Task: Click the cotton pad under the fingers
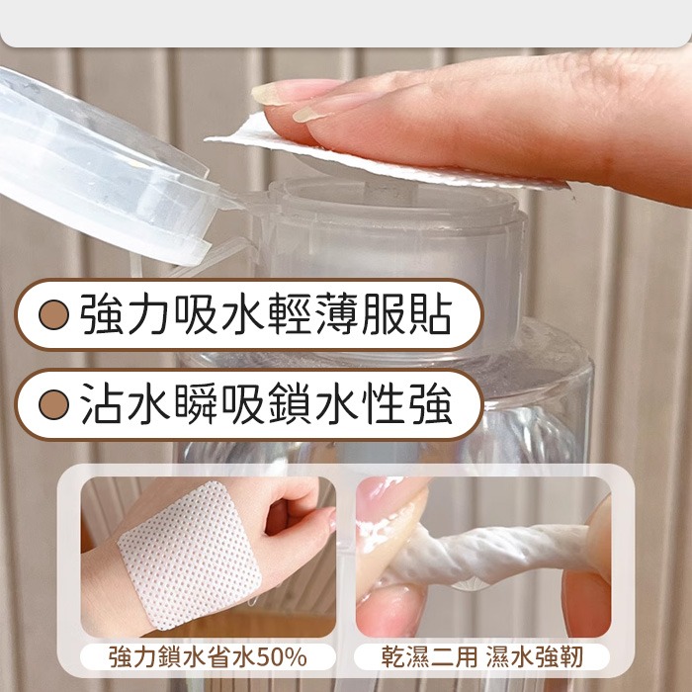(x=386, y=158)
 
